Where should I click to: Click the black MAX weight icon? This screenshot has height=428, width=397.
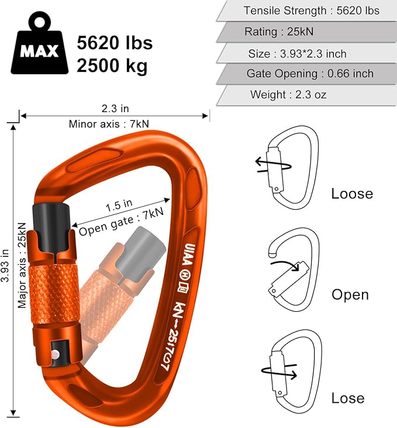click(x=40, y=47)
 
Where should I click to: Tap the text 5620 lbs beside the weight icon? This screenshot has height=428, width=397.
click(x=115, y=43)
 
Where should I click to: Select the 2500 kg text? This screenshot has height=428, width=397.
click(x=112, y=65)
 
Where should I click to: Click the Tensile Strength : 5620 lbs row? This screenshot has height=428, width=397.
click(x=311, y=11)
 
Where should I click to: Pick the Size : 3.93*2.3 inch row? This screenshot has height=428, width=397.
click(x=297, y=54)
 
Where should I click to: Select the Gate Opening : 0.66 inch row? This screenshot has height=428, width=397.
click(x=309, y=74)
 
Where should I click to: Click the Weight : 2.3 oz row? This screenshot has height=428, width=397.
click(x=288, y=95)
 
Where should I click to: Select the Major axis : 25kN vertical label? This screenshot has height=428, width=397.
click(x=22, y=265)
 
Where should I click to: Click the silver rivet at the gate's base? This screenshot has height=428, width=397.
click(x=54, y=354)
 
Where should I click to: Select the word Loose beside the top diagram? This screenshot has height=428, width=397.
click(x=352, y=194)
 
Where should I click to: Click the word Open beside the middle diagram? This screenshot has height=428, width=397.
click(x=350, y=294)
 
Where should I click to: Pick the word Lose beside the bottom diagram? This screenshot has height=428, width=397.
click(x=348, y=398)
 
